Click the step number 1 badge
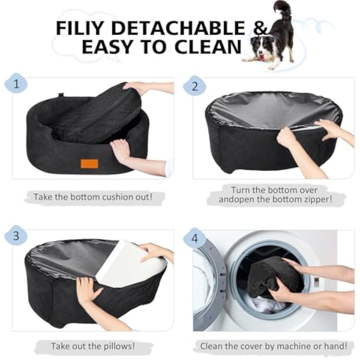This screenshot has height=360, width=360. pos(16,85)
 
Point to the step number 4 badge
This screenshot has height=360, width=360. pos(194,238)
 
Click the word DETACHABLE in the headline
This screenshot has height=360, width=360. pos(179,28)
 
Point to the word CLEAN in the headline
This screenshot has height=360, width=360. pos(205,47)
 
